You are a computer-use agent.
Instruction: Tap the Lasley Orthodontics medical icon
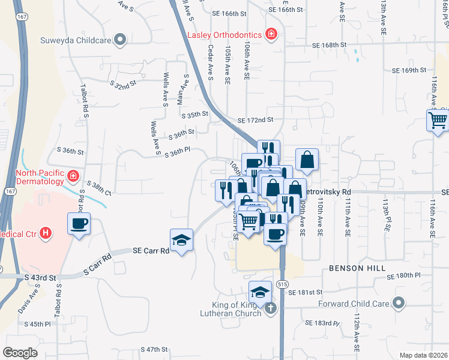click(x=272, y=34)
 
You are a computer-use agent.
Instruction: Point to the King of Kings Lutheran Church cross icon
click(x=270, y=308)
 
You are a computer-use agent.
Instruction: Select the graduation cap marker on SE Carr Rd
click(x=181, y=240)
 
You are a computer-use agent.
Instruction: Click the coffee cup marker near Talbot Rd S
click(x=79, y=224)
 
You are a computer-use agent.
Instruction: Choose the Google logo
click(x=20, y=353)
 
